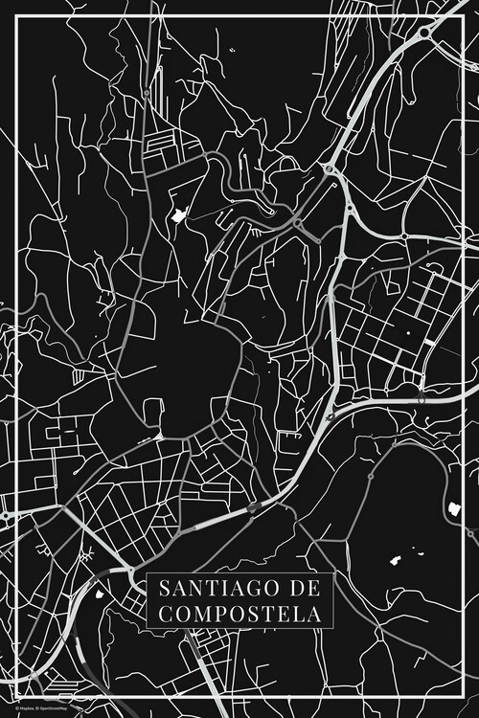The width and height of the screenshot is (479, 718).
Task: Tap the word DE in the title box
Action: (x=305, y=587)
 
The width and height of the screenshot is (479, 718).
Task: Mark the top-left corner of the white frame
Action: (x=17, y=17)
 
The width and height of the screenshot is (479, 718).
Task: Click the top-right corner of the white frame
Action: (x=462, y=17)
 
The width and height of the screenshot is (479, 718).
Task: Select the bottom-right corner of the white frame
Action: (x=462, y=701)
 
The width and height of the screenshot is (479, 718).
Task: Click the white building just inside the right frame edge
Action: (x=453, y=507)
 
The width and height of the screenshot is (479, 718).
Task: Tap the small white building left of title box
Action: (x=99, y=594)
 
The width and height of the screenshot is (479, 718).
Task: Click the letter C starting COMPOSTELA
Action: (x=161, y=613)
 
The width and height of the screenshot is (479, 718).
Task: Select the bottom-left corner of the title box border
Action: (x=147, y=629)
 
